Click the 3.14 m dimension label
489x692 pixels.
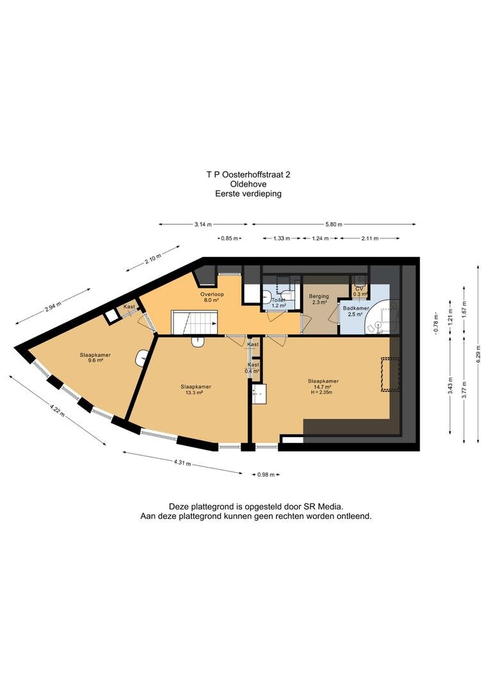point(203,224)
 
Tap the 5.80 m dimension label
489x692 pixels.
point(334,224)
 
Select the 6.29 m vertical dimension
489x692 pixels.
point(478,354)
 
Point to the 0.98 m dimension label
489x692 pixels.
point(266,475)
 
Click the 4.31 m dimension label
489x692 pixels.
point(182,463)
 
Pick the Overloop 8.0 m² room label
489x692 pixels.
point(212,297)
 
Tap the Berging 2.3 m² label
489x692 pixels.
point(319,299)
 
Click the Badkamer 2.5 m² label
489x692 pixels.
point(355,311)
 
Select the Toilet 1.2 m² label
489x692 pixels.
point(278,302)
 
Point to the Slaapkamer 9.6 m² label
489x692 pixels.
point(95,358)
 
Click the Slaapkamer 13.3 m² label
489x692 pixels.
point(195,390)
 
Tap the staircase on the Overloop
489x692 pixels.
point(195,322)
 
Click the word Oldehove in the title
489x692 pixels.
point(248,184)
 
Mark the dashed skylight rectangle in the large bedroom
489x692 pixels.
point(390,374)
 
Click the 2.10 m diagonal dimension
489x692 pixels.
point(153,258)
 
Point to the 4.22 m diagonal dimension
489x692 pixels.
point(58,409)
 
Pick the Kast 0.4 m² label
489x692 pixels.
point(253,368)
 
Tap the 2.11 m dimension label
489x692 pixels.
point(369,238)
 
